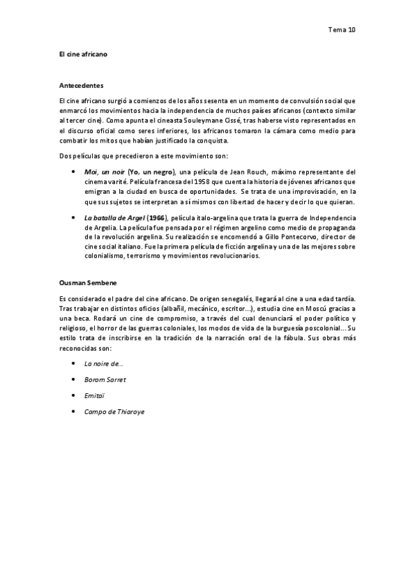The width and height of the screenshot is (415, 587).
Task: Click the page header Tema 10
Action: point(341,30)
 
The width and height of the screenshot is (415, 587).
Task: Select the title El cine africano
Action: point(83,53)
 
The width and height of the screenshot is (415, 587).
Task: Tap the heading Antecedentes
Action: point(82,86)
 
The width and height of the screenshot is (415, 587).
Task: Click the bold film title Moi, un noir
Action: point(105,172)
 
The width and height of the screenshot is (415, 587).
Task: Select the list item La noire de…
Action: point(104,363)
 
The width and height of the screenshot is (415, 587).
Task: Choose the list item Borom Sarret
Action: point(105,379)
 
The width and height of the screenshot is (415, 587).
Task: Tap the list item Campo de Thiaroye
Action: point(114,412)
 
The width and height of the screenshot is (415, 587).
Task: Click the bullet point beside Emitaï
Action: point(74,395)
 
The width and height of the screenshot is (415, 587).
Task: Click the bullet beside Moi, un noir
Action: point(74,172)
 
